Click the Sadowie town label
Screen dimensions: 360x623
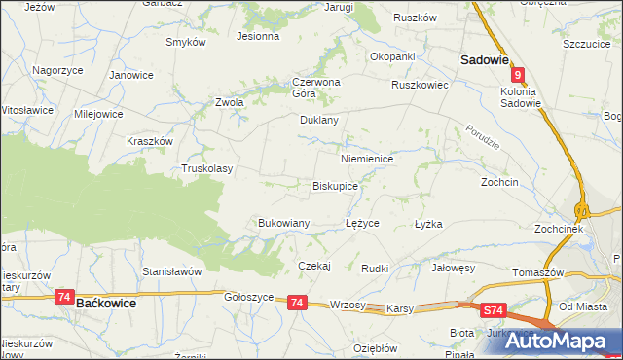point(485,59)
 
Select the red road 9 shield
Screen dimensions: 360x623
point(520,74)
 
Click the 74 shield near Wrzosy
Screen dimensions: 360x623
point(298,304)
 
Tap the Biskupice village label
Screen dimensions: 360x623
point(336,185)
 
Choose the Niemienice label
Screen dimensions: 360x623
point(367,158)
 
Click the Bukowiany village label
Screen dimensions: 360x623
point(283,223)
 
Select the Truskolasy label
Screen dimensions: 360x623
point(207,168)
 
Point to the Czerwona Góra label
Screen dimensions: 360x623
point(315,88)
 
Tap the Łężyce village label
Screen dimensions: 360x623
point(362,223)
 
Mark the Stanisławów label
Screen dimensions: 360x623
point(171,270)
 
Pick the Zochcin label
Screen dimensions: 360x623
point(499,182)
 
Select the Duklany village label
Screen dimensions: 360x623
point(318,121)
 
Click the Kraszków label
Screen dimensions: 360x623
point(150,141)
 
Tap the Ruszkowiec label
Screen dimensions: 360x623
point(419,85)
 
